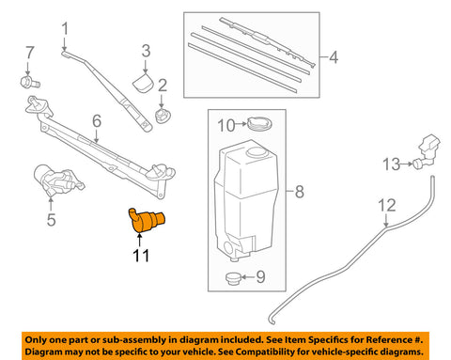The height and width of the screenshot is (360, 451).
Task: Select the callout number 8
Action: (x=299, y=195)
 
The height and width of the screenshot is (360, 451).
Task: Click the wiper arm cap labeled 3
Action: (x=144, y=84)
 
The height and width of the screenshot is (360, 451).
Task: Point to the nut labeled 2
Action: (x=163, y=117)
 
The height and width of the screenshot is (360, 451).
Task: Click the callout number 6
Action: (x=95, y=119)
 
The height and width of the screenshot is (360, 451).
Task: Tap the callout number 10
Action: (x=225, y=123)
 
